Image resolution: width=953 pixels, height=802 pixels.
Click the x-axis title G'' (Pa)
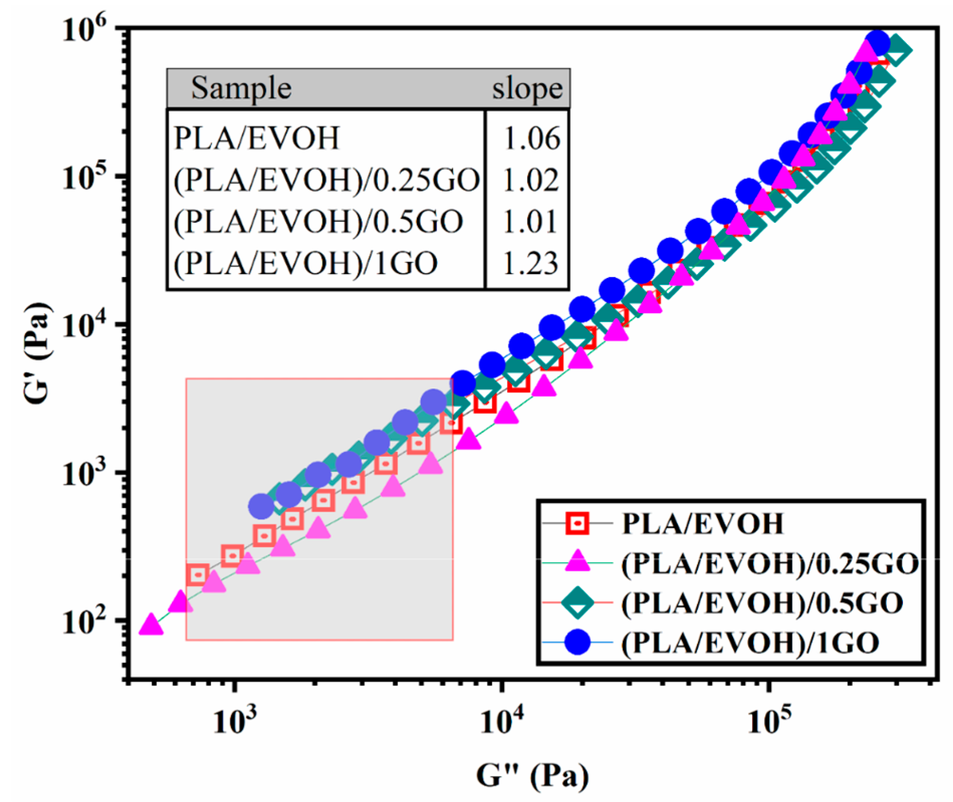(x=532, y=775)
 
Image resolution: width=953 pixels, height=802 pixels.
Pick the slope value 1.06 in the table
(x=531, y=138)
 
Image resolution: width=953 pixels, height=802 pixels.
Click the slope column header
(x=527, y=89)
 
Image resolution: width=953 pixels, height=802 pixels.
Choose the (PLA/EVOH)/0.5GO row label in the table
(x=318, y=221)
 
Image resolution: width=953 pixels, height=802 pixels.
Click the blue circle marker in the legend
(x=578, y=642)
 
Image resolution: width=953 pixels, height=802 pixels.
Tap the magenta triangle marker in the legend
(x=578, y=562)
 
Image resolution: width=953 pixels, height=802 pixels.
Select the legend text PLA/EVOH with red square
(x=703, y=523)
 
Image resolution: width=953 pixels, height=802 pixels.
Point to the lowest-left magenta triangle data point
(x=151, y=625)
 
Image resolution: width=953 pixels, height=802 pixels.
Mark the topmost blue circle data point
(x=877, y=42)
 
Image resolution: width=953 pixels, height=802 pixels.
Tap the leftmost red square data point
(x=198, y=575)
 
